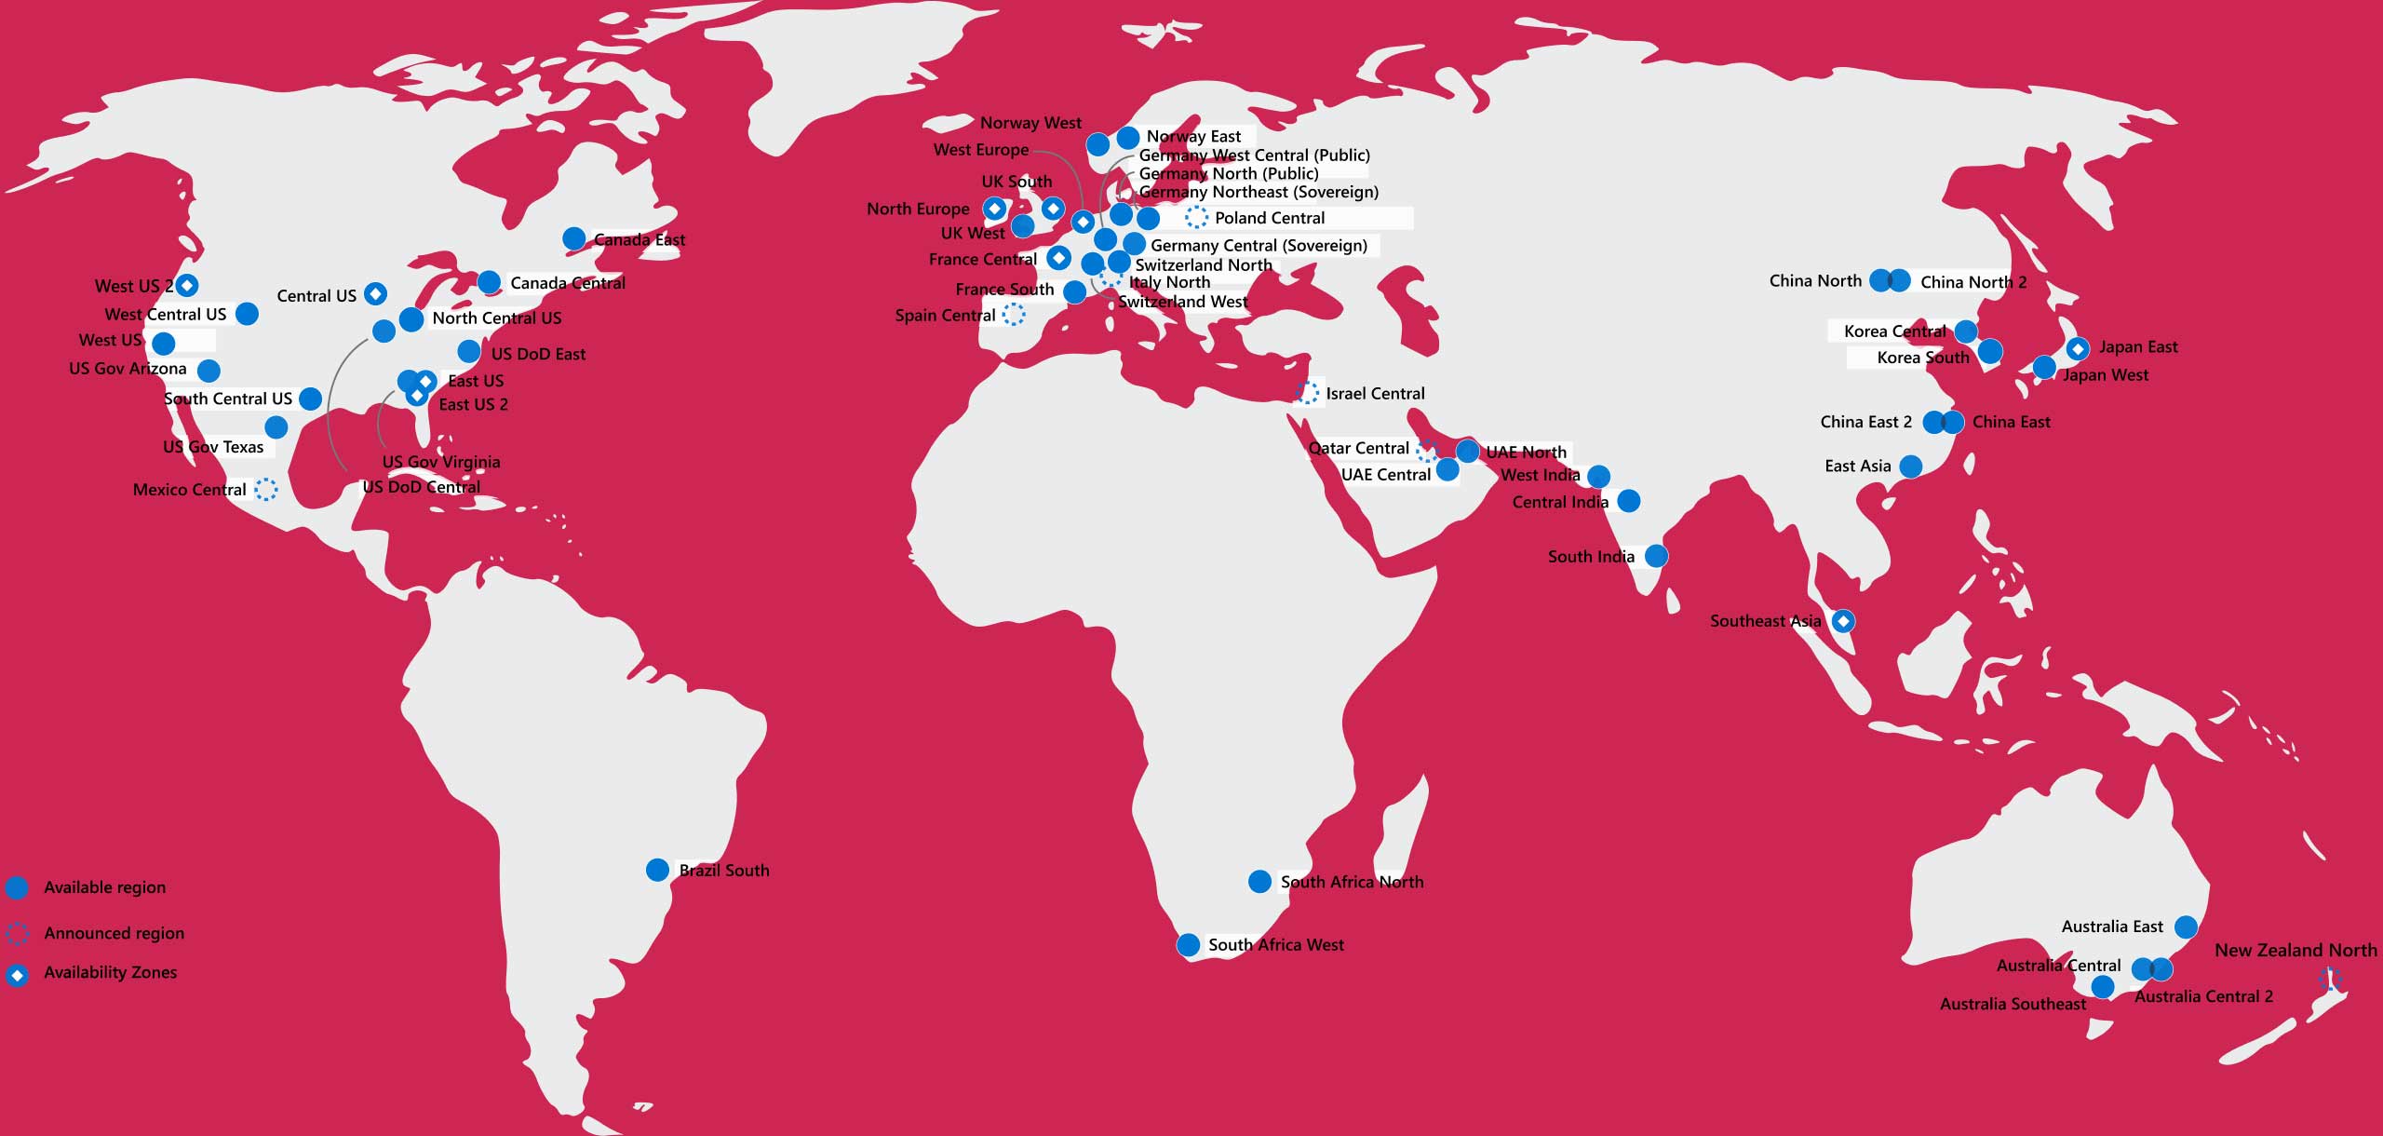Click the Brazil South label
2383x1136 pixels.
click(724, 871)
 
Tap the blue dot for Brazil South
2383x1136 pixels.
click(657, 870)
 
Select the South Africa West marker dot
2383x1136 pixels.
click(1188, 945)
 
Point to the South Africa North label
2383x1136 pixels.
click(1352, 882)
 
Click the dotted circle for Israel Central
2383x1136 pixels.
click(1307, 393)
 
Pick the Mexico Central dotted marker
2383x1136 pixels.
click(266, 489)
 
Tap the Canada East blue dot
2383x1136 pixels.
click(574, 239)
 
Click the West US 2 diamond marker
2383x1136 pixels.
click(187, 285)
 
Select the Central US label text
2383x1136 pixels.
click(316, 296)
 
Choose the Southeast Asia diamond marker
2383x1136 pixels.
click(1843, 621)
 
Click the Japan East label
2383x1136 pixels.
click(2138, 347)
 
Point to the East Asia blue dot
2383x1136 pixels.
click(1910, 466)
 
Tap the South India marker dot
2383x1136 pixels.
click(1656, 556)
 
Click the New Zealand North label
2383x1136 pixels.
click(2295, 951)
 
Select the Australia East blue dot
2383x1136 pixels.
click(2186, 926)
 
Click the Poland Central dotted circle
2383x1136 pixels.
click(1196, 218)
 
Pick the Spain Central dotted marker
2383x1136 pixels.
click(1014, 315)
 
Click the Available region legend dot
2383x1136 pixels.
click(17, 887)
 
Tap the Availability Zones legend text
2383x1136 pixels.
click(111, 972)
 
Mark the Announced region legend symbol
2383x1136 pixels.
click(17, 933)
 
